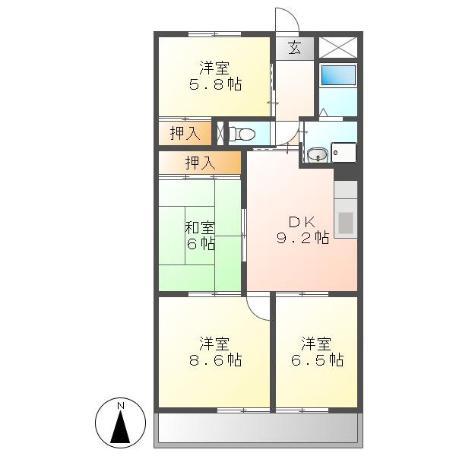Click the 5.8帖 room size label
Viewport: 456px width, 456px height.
click(215, 84)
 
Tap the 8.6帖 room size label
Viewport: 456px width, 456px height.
click(215, 360)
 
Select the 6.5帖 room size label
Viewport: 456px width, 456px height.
click(317, 360)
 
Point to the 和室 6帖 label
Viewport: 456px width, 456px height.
click(201, 236)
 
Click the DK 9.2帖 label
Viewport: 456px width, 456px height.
click(302, 230)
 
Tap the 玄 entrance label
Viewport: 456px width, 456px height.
click(294, 48)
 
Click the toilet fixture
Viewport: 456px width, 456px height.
click(242, 134)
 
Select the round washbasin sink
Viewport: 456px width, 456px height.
click(318, 155)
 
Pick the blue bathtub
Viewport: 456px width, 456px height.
click(338, 75)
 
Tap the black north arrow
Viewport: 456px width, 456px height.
click(120, 426)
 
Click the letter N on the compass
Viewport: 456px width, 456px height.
click(120, 405)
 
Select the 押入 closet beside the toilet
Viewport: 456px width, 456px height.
click(185, 134)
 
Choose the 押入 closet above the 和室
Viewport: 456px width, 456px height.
click(200, 163)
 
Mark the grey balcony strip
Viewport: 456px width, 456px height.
click(258, 429)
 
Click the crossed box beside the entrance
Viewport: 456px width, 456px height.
click(338, 47)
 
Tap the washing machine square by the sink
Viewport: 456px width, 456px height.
click(344, 152)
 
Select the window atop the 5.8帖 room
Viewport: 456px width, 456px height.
click(214, 34)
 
